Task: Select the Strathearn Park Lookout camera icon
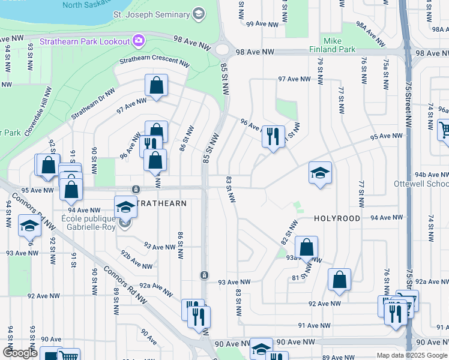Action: click(139, 41)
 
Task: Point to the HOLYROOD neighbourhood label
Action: click(337, 219)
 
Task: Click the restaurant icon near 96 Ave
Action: click(273, 136)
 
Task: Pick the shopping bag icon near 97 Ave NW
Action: click(156, 86)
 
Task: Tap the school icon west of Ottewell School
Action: click(320, 173)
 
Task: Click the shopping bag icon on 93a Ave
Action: click(306, 247)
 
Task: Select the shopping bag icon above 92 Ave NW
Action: click(339, 279)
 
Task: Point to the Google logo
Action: click(20, 353)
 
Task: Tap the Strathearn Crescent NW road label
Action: click(154, 62)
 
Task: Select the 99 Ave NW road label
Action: click(262, 24)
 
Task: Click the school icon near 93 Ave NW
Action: click(29, 227)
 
